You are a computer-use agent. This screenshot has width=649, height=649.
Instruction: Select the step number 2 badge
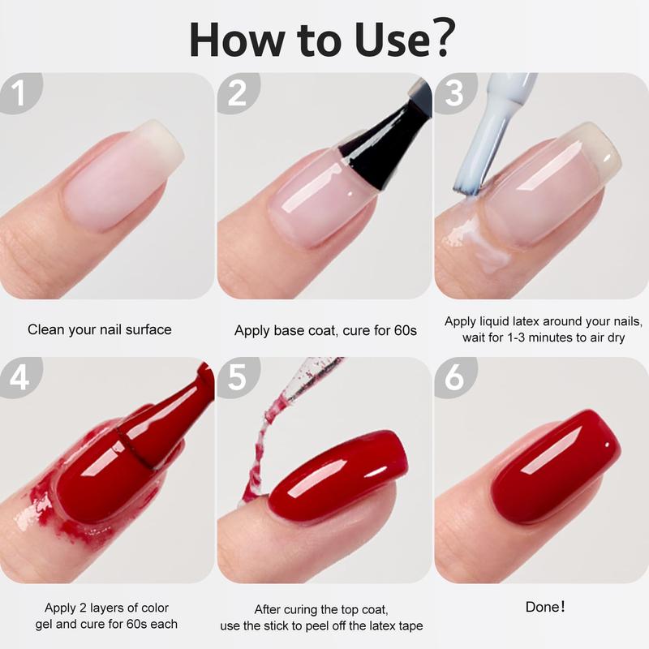click(x=238, y=92)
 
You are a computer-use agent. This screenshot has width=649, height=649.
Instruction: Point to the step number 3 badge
click(x=455, y=92)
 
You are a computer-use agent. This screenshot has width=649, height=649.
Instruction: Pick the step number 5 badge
click(x=238, y=377)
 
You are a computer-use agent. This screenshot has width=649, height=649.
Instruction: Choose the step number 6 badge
click(x=455, y=377)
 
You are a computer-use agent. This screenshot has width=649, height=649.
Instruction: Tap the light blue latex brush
click(x=492, y=132)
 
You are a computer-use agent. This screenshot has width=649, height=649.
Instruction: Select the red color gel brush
click(x=165, y=427)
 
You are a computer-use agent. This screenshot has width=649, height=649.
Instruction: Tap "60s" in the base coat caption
click(x=405, y=330)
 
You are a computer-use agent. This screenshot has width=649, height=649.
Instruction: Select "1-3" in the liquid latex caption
click(x=518, y=337)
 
